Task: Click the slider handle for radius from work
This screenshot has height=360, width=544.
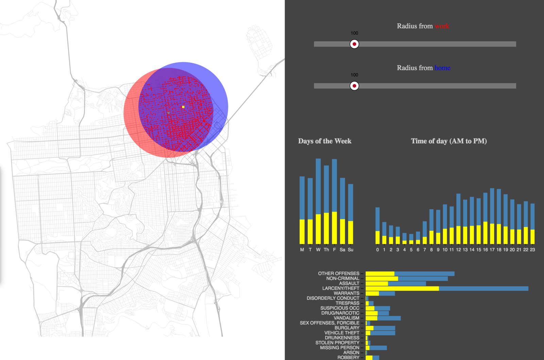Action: coord(354,44)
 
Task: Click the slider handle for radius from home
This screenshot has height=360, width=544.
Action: coord(354,86)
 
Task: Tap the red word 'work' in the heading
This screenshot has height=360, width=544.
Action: coord(442,26)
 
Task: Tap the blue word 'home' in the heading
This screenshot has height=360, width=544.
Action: coord(442,68)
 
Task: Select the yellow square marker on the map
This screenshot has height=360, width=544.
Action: coord(183,107)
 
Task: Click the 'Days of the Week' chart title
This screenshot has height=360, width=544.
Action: coord(325,141)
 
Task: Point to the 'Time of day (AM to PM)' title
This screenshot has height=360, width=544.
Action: coord(449,141)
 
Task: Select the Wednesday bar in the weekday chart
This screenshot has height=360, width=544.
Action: coord(318,201)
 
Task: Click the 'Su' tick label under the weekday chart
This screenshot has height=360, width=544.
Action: coord(351,250)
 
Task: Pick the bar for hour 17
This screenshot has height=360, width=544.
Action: coord(492,216)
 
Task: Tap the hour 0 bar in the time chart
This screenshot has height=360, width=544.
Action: coord(377,226)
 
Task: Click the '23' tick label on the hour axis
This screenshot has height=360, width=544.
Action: coord(532,250)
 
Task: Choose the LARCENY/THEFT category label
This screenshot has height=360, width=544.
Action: coord(341,288)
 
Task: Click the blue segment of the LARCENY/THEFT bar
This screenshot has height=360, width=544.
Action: coord(483,289)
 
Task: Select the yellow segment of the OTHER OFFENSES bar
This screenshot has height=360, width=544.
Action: coord(380,274)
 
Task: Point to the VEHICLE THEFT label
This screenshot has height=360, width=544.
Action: coord(342,333)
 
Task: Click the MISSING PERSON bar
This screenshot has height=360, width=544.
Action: coord(376,348)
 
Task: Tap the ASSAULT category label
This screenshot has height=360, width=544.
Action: coord(349,283)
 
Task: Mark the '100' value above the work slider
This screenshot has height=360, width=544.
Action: coord(354,33)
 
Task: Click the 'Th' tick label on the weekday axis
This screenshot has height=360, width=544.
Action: coord(326,250)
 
